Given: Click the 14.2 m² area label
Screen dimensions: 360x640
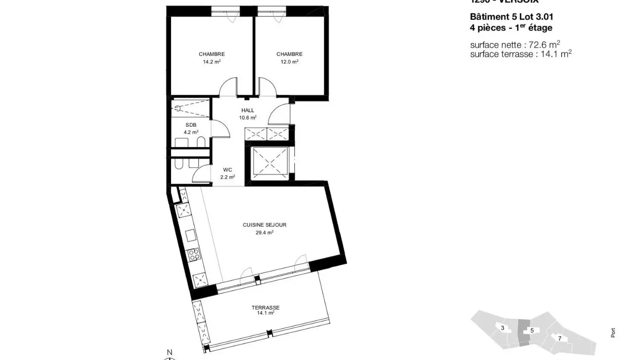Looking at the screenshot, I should click(x=212, y=62).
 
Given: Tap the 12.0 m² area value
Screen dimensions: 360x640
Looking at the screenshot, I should click(x=289, y=62).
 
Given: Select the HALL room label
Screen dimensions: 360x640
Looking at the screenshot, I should click(x=248, y=110).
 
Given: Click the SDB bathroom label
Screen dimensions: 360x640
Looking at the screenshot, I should click(x=191, y=125).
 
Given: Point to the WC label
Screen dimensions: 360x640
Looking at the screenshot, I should click(x=228, y=170).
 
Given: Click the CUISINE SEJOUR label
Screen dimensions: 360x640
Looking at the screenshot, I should click(x=264, y=225).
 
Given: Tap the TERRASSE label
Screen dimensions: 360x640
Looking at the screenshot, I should click(x=265, y=308).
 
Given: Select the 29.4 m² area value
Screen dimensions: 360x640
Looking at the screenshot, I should click(x=264, y=232).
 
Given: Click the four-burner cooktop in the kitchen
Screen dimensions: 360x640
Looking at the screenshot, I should click(x=194, y=254).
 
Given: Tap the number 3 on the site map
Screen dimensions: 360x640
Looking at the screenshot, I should click(x=502, y=328).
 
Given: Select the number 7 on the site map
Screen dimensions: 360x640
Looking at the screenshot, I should click(x=560, y=338).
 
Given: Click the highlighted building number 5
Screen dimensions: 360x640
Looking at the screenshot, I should click(x=532, y=331).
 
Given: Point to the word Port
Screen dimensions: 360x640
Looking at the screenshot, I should click(x=613, y=332).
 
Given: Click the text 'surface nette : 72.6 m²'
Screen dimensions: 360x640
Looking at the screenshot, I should click(x=515, y=44).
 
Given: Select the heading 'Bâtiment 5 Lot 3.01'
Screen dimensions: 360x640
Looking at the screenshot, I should click(x=512, y=17).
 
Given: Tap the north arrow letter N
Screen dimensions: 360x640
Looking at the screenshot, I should click(x=169, y=352).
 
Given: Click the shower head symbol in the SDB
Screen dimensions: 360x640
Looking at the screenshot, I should click(x=177, y=107).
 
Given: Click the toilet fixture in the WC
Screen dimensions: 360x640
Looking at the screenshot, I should click(x=179, y=164).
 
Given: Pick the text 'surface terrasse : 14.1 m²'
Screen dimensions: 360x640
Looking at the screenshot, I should click(x=520, y=54).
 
